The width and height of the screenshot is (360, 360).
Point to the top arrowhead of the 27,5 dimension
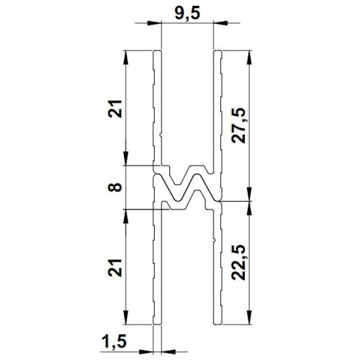click(x=250, y=55)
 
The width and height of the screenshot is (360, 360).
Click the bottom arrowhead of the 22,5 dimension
click(x=250, y=321)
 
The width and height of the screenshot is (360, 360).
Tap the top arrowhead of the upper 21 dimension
click(x=127, y=55)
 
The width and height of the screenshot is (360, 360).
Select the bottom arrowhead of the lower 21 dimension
click(x=127, y=321)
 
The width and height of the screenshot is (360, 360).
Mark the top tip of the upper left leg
click(x=156, y=51)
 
